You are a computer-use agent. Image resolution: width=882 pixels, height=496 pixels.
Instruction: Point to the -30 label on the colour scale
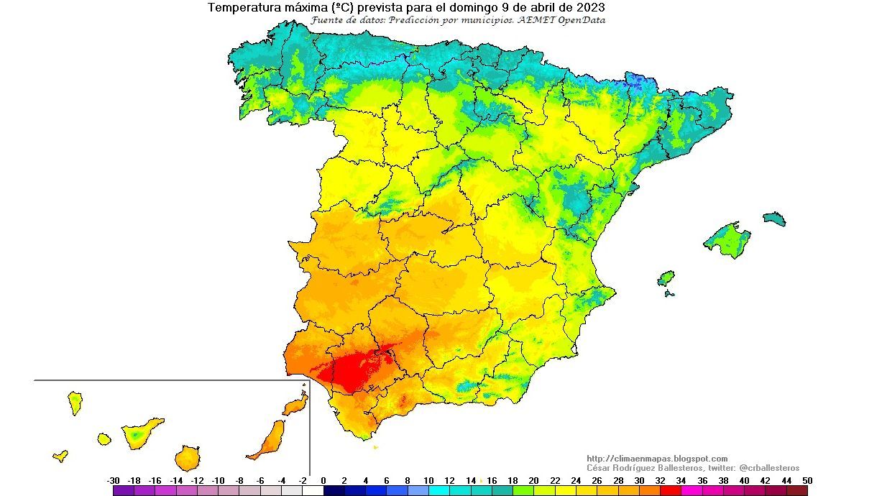113,480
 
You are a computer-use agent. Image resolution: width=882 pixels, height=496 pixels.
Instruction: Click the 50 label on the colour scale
807,480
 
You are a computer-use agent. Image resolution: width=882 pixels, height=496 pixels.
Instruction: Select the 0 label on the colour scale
323,480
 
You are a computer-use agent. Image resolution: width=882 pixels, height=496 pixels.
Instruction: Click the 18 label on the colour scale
513,480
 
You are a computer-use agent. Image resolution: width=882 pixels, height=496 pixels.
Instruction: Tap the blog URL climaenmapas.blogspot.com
657,459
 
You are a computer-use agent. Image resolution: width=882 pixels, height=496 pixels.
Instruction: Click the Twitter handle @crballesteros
769,468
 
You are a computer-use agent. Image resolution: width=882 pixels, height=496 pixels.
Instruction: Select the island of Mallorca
727,240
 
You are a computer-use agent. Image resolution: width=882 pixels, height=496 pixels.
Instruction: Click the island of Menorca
774,219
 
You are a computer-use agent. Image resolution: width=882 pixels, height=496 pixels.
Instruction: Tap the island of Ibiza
666,278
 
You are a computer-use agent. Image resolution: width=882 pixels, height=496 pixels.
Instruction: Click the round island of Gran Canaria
187,458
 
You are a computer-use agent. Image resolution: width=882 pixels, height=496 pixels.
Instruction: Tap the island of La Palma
75,403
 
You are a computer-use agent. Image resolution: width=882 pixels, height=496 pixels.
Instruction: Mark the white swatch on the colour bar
313,491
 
